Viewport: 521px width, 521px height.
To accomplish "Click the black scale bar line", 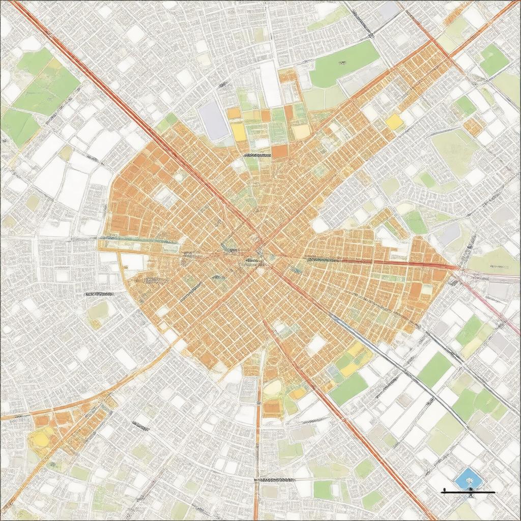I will click(468, 492).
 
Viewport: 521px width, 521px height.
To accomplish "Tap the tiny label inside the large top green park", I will click(342, 63).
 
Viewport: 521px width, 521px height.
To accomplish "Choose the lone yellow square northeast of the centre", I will click(394, 121).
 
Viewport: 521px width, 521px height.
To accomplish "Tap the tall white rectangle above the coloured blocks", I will click(270, 84).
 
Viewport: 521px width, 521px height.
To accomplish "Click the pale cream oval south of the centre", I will click(272, 388).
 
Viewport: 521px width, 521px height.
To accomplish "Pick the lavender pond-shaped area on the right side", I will click(449, 235).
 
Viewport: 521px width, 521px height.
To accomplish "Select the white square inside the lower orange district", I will click(315, 345).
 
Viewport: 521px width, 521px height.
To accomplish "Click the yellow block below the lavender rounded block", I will click(239, 133).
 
